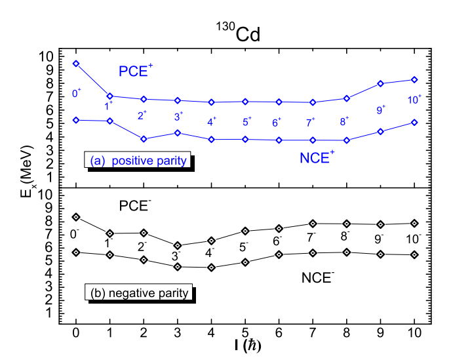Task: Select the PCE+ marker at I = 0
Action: click(76, 64)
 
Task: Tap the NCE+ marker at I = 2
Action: click(144, 139)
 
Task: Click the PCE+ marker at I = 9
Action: click(380, 83)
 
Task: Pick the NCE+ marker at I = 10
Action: click(414, 122)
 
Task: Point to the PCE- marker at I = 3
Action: click(178, 245)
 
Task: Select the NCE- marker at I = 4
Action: click(211, 268)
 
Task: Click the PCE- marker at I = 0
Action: click(76, 217)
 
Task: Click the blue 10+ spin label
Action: click(414, 98)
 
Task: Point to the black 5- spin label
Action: click(245, 247)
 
